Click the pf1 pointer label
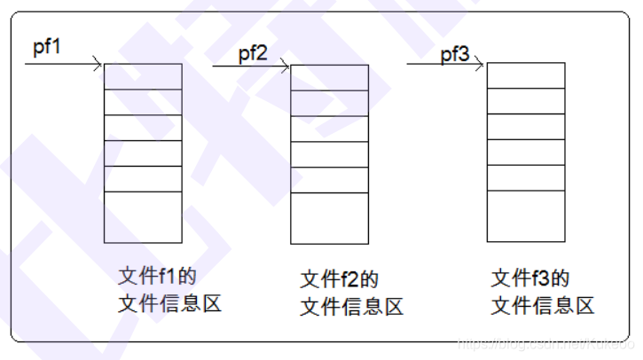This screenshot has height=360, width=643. coord(48,47)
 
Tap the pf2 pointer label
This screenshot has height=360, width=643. coord(253,52)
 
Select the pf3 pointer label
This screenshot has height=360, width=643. coord(455,55)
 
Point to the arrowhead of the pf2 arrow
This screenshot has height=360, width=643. coord(286,65)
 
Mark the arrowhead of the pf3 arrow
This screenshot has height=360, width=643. coord(480,64)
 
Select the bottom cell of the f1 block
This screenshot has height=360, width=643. coord(143,217)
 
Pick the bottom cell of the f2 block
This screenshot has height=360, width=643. coord(329,218)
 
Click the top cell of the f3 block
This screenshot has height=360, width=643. coord(525,75)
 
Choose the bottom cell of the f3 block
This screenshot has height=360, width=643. coord(525,216)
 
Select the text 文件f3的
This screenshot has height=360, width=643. coord(529,278)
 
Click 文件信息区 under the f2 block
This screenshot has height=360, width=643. coord(352,307)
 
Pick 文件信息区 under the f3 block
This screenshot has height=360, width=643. coord(542,306)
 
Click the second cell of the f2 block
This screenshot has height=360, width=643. coord(329,103)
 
